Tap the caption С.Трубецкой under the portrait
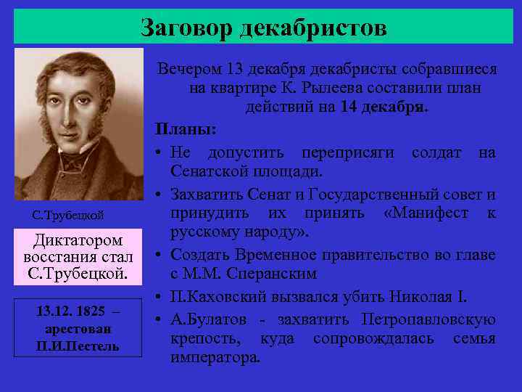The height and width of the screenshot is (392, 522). click(x=69, y=215)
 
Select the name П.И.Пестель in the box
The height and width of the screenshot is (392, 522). click(x=78, y=346)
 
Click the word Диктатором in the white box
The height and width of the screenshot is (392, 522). click(x=78, y=240)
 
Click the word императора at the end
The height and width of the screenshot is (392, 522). click(x=214, y=359)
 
